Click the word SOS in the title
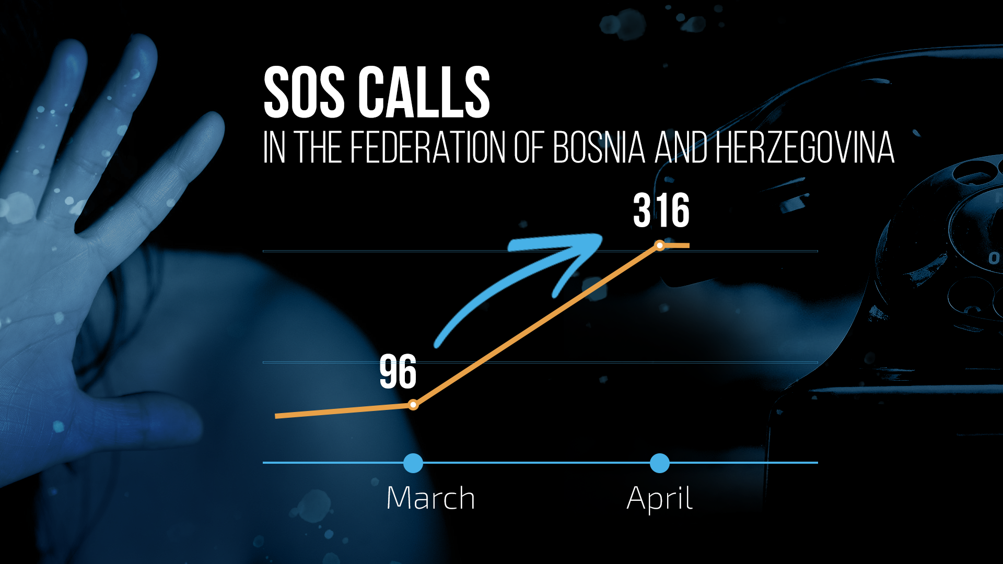point(304,92)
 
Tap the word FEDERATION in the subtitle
point(428,147)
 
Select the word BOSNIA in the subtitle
point(599,147)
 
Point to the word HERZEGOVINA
point(804,147)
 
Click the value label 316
point(661,210)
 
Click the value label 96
point(398,372)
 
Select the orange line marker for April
point(660,245)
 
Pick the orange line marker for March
point(413,405)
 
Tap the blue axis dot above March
point(413,463)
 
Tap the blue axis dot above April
point(660,463)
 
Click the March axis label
point(430,498)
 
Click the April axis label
point(660,499)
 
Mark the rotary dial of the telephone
point(966,240)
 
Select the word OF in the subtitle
point(530,147)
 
